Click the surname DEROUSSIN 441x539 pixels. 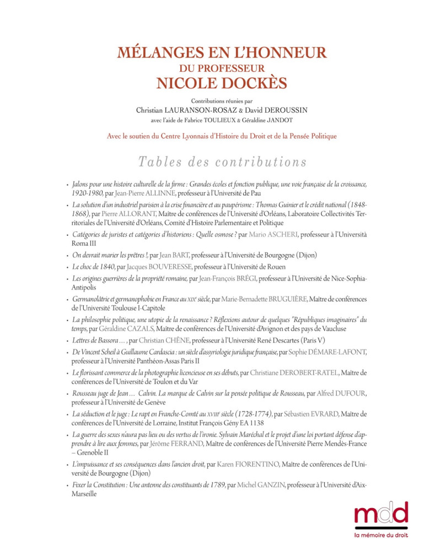pyautogui.click(x=281, y=110)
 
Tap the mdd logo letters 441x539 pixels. pyautogui.click(x=380, y=512)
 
